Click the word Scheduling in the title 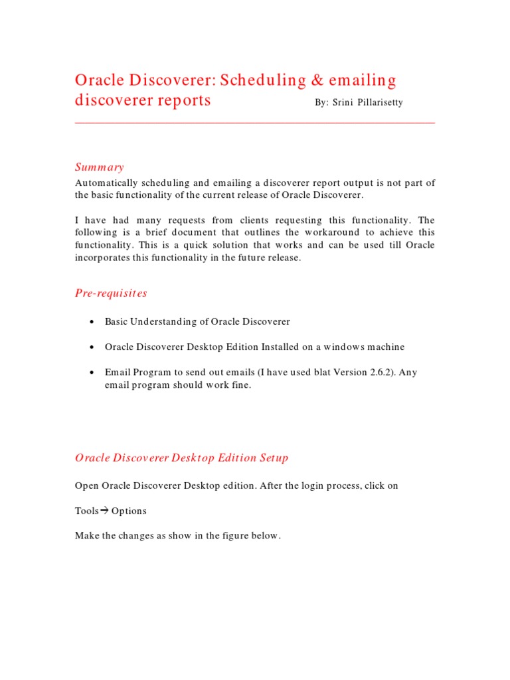click(x=263, y=81)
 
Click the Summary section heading click(x=100, y=167)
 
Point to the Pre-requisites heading click(x=111, y=293)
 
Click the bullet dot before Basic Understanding click(x=90, y=322)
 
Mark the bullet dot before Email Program click(x=90, y=373)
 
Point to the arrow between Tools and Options click(x=104, y=511)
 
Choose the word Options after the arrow click(x=129, y=511)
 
